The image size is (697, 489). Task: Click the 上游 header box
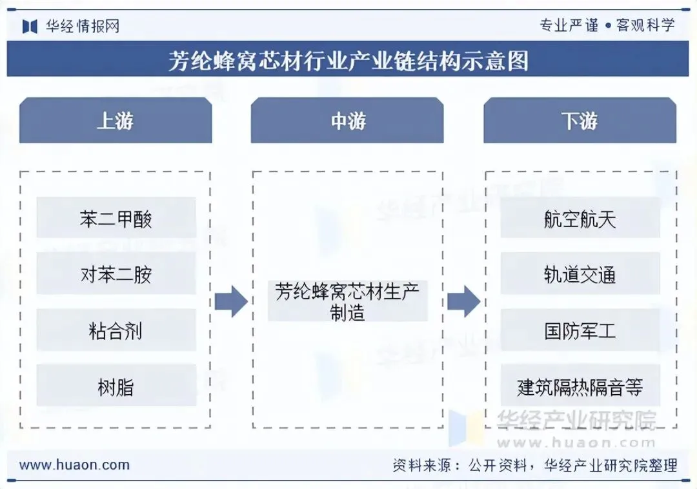coord(116,121)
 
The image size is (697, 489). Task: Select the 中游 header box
coord(347,121)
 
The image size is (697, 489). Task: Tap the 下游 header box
coord(580,121)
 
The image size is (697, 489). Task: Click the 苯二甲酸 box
coord(116,219)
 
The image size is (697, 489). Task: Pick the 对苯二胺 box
coord(116,275)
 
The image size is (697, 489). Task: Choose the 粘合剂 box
coord(116,331)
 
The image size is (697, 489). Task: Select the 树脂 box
coord(116,387)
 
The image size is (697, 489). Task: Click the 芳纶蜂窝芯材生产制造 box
coord(347,301)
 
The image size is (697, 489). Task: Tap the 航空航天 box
coord(580,219)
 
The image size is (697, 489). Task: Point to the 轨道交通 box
coord(580,275)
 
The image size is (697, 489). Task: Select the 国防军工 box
coord(580,331)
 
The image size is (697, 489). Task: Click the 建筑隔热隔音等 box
coord(580,387)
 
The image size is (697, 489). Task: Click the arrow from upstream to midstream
coord(230,301)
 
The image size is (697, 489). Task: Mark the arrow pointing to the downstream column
coord(463,301)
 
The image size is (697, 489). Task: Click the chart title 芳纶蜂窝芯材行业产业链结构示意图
coord(348,61)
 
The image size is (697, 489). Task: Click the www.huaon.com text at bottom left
coord(74,464)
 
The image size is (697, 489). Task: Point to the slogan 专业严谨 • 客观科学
coord(607,25)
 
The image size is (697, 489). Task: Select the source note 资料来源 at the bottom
coord(535,465)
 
